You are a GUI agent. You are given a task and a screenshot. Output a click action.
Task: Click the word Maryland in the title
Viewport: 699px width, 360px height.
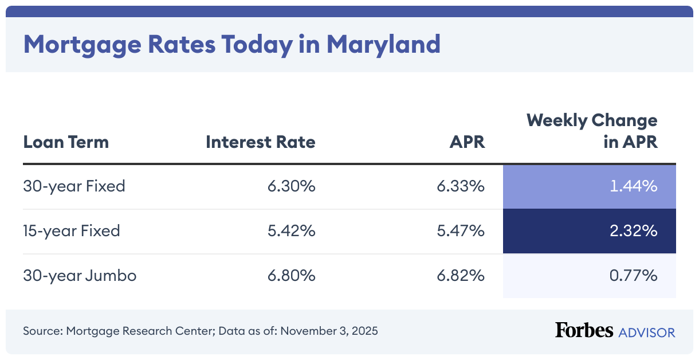(383, 45)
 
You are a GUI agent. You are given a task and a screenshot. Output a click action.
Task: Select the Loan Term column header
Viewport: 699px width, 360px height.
(66, 142)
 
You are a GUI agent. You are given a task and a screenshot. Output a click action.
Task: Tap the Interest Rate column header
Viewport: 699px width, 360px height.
(261, 142)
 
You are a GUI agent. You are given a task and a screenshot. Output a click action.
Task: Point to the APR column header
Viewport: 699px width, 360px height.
(467, 142)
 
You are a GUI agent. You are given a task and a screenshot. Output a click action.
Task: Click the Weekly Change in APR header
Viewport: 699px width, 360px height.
(592, 131)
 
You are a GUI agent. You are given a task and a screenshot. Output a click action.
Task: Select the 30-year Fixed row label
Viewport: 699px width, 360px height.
(74, 186)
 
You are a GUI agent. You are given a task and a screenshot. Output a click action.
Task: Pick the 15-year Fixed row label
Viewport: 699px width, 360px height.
(72, 231)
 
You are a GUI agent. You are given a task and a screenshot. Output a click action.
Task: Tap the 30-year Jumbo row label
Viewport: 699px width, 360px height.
(80, 276)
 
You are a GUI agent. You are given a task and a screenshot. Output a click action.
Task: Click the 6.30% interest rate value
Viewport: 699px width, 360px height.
(292, 186)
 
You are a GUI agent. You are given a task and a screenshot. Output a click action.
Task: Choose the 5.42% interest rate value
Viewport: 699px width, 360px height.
(292, 231)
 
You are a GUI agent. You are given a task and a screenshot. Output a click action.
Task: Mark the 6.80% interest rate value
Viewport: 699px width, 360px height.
(292, 276)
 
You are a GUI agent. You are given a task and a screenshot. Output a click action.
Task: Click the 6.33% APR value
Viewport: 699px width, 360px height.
(461, 186)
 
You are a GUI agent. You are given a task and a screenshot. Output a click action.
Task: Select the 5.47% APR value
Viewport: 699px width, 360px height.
(461, 231)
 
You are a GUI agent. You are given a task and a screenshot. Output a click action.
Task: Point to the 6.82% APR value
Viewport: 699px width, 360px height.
(461, 276)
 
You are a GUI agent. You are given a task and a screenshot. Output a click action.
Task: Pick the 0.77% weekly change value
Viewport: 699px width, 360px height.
(633, 276)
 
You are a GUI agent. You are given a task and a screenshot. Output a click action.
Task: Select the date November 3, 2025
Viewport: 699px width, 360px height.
(329, 331)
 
